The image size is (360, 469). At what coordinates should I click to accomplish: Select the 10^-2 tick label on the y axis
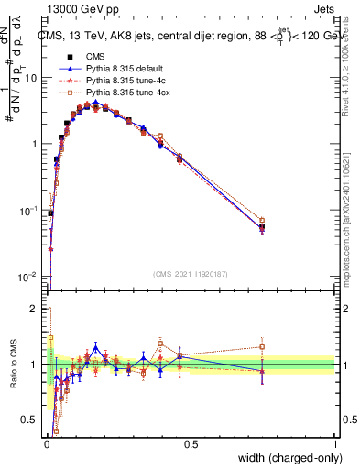click(x=30, y=277)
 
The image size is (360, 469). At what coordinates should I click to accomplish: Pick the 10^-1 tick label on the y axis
click(x=30, y=211)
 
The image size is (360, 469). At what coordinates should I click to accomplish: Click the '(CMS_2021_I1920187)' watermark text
click(x=191, y=274)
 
